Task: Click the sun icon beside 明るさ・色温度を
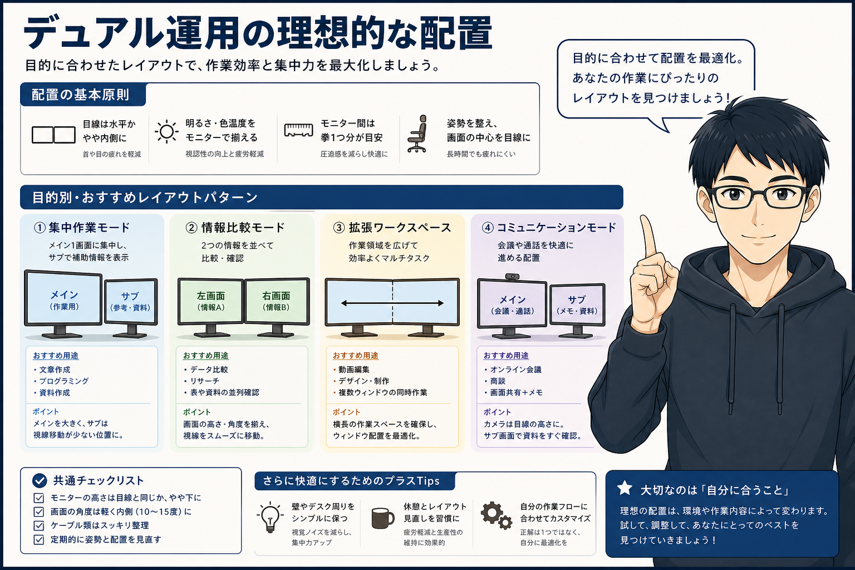point(166,132)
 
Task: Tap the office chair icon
point(417,134)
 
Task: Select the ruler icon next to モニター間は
point(298,130)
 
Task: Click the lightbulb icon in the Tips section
point(270,517)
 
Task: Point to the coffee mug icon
point(382,518)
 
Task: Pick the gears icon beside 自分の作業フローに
point(496,516)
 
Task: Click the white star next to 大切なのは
point(625,488)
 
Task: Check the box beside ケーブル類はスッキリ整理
point(39,525)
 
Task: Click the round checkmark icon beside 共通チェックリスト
point(40,481)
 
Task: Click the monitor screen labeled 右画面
point(276,301)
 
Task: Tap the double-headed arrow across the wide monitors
point(392,303)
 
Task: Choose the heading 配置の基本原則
point(80,95)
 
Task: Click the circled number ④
point(488,228)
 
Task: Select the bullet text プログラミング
point(64,381)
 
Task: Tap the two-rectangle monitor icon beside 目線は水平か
point(53,135)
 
